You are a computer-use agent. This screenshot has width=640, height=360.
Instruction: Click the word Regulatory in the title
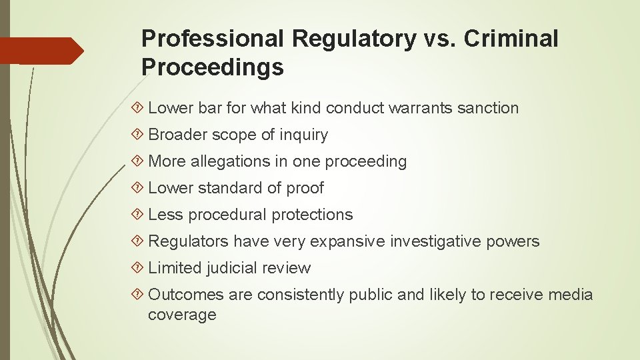click(353, 39)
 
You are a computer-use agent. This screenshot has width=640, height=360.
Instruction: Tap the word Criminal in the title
click(511, 39)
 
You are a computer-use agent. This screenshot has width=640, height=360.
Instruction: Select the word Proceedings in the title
click(213, 67)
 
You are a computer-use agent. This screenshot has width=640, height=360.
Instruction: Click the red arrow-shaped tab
click(42, 51)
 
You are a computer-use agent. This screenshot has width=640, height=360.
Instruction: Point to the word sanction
click(488, 108)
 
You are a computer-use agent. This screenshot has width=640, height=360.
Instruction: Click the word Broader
click(178, 135)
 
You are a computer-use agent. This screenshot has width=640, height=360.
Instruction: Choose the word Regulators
click(188, 241)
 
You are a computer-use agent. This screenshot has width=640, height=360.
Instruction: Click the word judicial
click(232, 268)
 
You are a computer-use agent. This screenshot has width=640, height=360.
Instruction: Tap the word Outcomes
click(186, 295)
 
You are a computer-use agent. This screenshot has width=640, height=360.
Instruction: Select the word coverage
click(182, 315)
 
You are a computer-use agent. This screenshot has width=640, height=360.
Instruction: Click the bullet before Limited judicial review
click(139, 268)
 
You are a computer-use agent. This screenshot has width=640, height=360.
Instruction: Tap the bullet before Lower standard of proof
click(139, 188)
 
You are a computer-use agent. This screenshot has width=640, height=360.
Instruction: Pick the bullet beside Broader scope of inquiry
click(139, 135)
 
